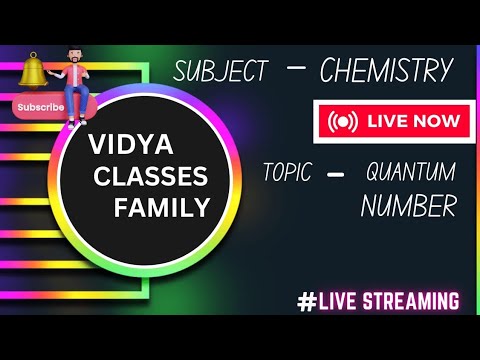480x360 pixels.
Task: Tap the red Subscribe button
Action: (40, 107)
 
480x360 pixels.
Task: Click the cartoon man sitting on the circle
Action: (74, 86)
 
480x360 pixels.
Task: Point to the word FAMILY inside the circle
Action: (162, 208)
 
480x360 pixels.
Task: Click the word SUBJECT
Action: (221, 71)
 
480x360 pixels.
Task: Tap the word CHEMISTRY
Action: (386, 70)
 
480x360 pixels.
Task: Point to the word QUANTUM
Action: (411, 171)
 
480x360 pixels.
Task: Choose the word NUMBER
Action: (408, 206)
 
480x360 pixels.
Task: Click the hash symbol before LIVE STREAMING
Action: (306, 301)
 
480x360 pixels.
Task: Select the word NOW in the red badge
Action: (438, 121)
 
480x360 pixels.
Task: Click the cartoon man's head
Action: (72, 56)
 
